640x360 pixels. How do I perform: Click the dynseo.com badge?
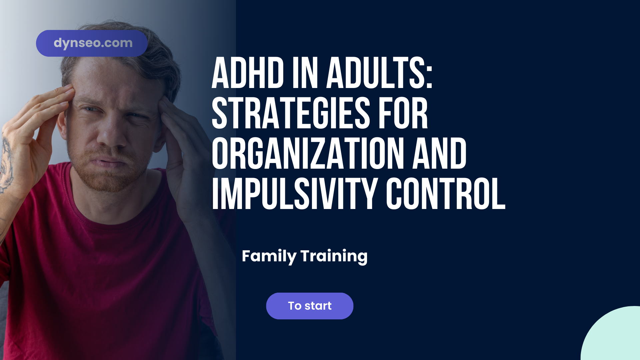coord(92,43)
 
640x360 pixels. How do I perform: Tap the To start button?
coord(310,306)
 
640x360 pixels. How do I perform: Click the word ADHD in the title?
coord(248,73)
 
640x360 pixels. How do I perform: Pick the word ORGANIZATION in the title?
coord(308,154)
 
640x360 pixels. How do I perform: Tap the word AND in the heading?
coord(439,154)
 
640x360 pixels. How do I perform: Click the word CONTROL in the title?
coord(445,194)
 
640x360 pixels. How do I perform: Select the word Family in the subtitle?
coord(269,256)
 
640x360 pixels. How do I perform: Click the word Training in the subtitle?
coord(334,256)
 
